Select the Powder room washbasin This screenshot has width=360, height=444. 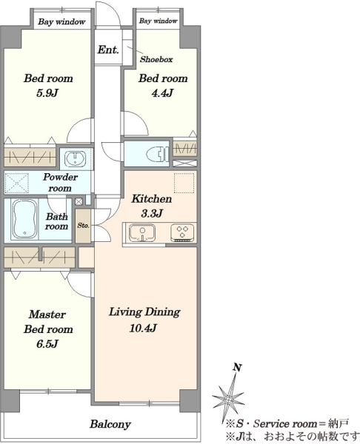coord(75,158)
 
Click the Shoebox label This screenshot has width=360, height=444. coord(156,59)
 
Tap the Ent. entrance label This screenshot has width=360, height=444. coord(108,50)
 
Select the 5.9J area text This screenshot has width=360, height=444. coord(47,93)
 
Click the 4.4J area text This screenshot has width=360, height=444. coord(162,93)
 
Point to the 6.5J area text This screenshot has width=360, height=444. coord(47,344)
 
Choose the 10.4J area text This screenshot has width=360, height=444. coord(143,328)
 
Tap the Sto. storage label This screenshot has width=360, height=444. coord(84,226)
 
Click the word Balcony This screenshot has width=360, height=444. coord(110,424)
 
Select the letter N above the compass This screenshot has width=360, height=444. coord(237,368)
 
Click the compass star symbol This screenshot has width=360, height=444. coord(228,400)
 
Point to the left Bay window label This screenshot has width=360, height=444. coord(61,21)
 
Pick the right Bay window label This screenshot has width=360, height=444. coord(159,21)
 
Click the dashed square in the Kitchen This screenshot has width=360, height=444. coord(184,183)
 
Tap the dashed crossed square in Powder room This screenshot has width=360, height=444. coord(17,183)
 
